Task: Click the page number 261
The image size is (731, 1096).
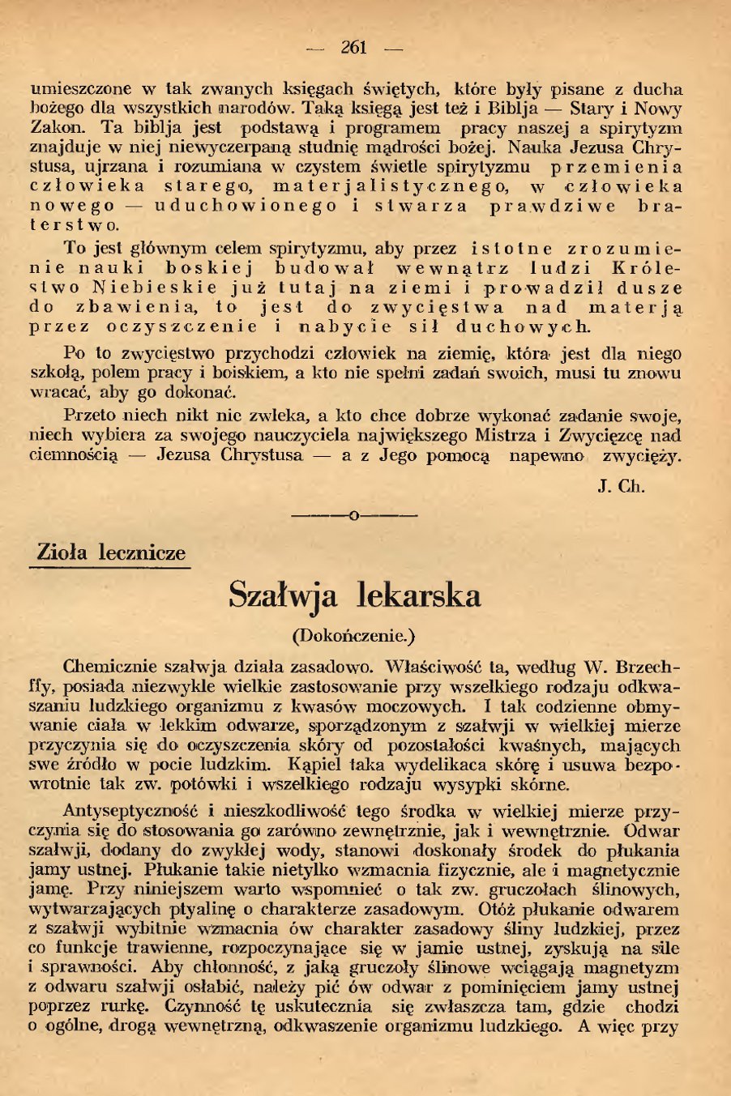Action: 354,47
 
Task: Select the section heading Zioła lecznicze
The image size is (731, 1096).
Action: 111,553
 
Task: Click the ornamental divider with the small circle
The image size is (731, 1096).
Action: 354,514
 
